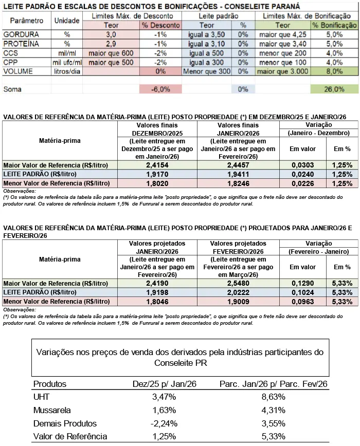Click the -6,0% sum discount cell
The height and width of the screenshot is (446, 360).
pyautogui.click(x=160, y=89)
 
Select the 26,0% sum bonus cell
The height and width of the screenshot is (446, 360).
pyautogui.click(x=334, y=89)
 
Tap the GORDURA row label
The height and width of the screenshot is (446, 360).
pyautogui.click(x=18, y=34)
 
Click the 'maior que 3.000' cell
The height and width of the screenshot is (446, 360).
pyautogui.click(x=283, y=71)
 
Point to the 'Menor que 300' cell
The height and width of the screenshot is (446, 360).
pyautogui.click(x=207, y=71)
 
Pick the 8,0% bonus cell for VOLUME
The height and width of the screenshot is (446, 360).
pyautogui.click(x=334, y=71)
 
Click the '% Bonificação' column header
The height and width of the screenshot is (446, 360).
pyautogui.click(x=334, y=25)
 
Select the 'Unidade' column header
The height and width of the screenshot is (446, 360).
pyautogui.click(x=66, y=21)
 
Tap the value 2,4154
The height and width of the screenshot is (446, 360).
pyautogui.click(x=157, y=165)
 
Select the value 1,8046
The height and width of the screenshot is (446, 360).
pyautogui.click(x=157, y=301)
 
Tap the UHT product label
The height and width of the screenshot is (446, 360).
pyautogui.click(x=41, y=397)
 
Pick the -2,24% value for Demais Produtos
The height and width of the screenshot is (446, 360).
pyautogui.click(x=165, y=423)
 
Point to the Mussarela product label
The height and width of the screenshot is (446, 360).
pyautogui.click(x=52, y=410)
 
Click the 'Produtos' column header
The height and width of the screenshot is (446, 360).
pyautogui.click(x=50, y=384)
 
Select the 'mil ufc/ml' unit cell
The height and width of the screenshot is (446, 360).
pyautogui.click(x=66, y=62)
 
